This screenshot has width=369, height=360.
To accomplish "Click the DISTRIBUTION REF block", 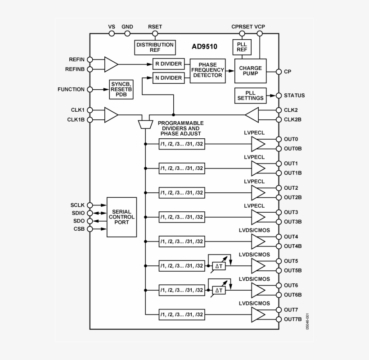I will coord(155,47).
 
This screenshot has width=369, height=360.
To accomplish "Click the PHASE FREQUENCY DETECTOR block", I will coord(207,70).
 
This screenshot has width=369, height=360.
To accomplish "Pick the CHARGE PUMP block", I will coord(250,71).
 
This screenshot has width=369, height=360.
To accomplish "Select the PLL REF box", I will coord(242,47).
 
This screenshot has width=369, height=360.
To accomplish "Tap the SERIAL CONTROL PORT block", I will coord(121,217).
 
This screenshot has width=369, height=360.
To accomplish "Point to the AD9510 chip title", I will coord(202,46).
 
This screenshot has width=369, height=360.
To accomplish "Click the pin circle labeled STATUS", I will coord(279,96).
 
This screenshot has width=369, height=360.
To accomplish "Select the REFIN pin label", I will coord(76,59).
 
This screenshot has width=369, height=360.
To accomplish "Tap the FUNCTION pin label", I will coord(71,89).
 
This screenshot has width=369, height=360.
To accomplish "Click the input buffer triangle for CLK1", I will coord(111,114).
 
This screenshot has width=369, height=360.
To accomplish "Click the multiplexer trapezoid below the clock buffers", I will coord(145,124).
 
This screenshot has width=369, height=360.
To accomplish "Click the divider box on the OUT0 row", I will coord(182,144).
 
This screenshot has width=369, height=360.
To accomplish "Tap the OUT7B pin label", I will coord(293,319).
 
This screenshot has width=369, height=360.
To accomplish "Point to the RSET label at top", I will coord(155,27).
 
